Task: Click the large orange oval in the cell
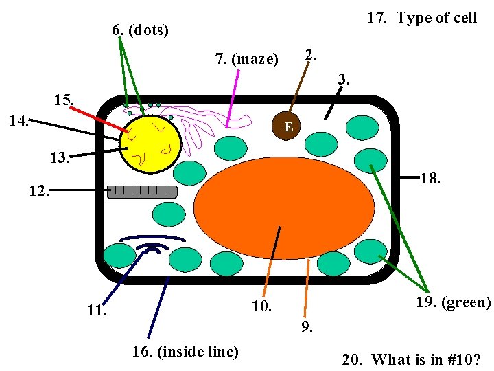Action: point(284,207)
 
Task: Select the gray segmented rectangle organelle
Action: point(143,192)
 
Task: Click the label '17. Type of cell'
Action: point(421,18)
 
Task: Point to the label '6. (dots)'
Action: point(140,30)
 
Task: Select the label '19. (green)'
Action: point(453,302)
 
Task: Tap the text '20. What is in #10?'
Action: point(412,359)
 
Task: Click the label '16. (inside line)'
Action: point(185,352)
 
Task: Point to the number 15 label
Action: point(64,100)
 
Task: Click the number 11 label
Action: point(97,311)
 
